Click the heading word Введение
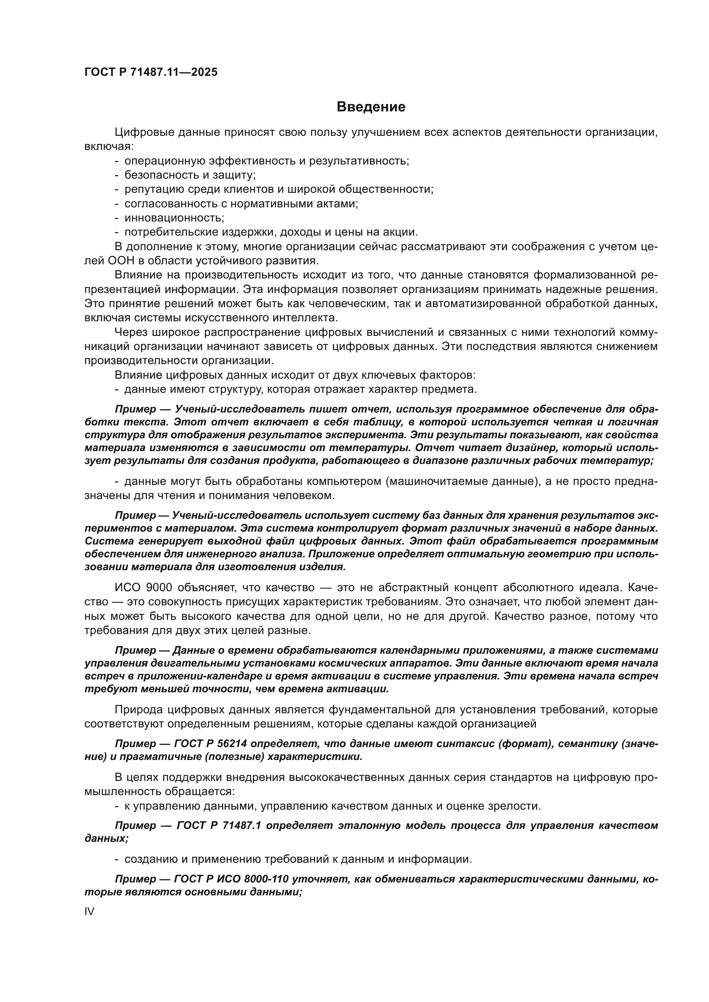pyautogui.click(x=371, y=107)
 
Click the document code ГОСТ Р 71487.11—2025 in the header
pyautogui.click(x=150, y=72)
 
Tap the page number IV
pyautogui.click(x=89, y=911)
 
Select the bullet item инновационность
pyautogui.click(x=174, y=217)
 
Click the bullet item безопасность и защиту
pyautogui.click(x=190, y=175)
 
